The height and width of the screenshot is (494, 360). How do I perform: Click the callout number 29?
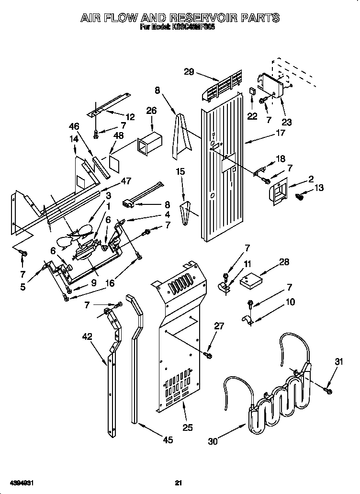point(189,72)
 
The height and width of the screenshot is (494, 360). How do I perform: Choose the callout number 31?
point(339,362)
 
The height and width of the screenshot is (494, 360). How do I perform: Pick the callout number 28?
point(284,261)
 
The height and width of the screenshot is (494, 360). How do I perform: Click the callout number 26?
point(151,111)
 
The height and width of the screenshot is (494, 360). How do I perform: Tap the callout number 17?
point(280,133)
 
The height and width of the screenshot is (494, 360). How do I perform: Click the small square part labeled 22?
point(252,91)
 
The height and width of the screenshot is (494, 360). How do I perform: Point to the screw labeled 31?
point(328,391)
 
